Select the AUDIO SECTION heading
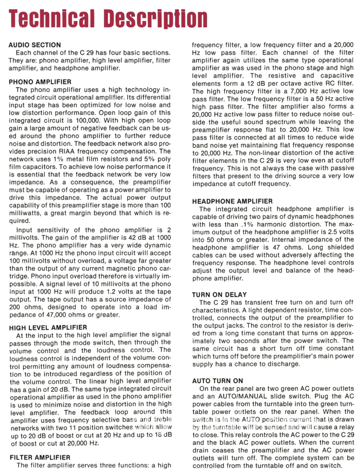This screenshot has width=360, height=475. pyautogui.click(x=35, y=45)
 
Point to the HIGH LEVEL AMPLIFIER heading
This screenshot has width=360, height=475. pyautogui.click(x=48, y=327)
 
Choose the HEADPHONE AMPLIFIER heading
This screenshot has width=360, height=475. pyautogui.click(x=232, y=201)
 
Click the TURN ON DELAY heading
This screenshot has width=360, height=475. pyautogui.click(x=219, y=294)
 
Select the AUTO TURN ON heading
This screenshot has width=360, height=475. pyautogui.click(x=217, y=381)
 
